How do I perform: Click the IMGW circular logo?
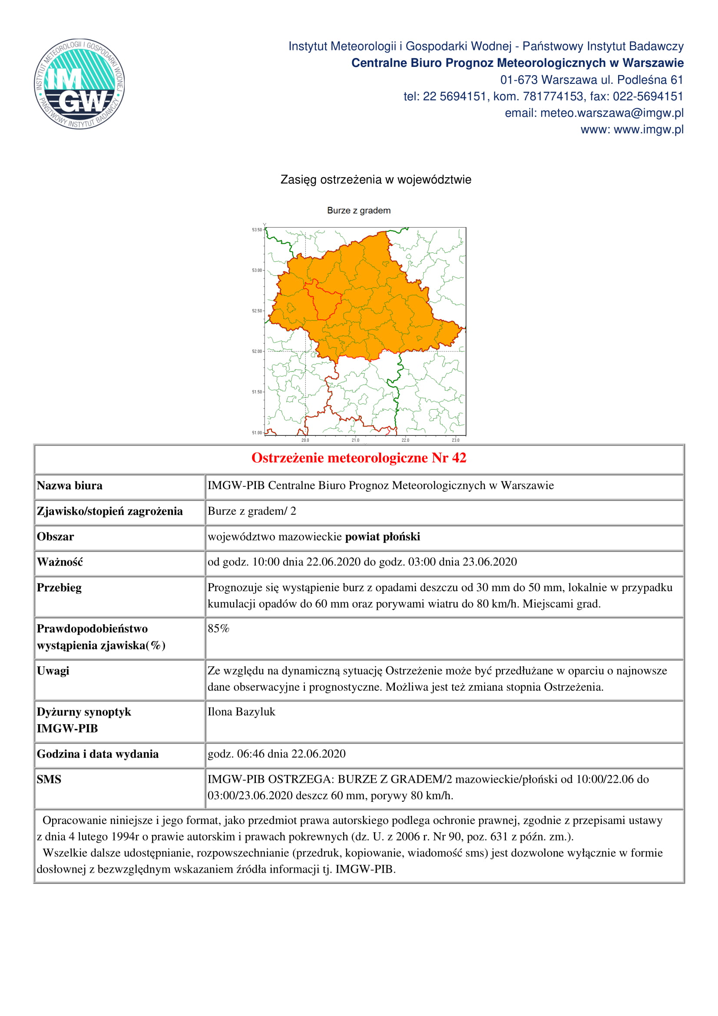(x=79, y=84)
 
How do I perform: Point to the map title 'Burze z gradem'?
(x=358, y=211)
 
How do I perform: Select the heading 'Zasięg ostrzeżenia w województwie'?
(x=376, y=180)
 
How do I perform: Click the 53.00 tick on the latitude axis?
(x=257, y=270)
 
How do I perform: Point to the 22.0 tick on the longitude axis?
(x=405, y=440)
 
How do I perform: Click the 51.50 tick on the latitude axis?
(x=257, y=392)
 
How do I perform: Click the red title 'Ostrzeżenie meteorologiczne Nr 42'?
(x=358, y=457)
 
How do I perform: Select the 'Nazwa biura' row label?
(x=69, y=486)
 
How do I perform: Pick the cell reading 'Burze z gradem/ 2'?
(x=252, y=511)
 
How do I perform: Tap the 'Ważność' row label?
(x=60, y=562)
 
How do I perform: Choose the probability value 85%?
(x=218, y=629)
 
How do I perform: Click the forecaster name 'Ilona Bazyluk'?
(x=241, y=712)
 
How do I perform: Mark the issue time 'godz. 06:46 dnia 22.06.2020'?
(x=277, y=754)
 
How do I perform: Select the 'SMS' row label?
(x=49, y=779)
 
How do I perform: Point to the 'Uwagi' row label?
(x=53, y=671)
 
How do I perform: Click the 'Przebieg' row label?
(x=59, y=588)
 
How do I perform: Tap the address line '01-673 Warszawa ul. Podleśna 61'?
(x=592, y=79)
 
